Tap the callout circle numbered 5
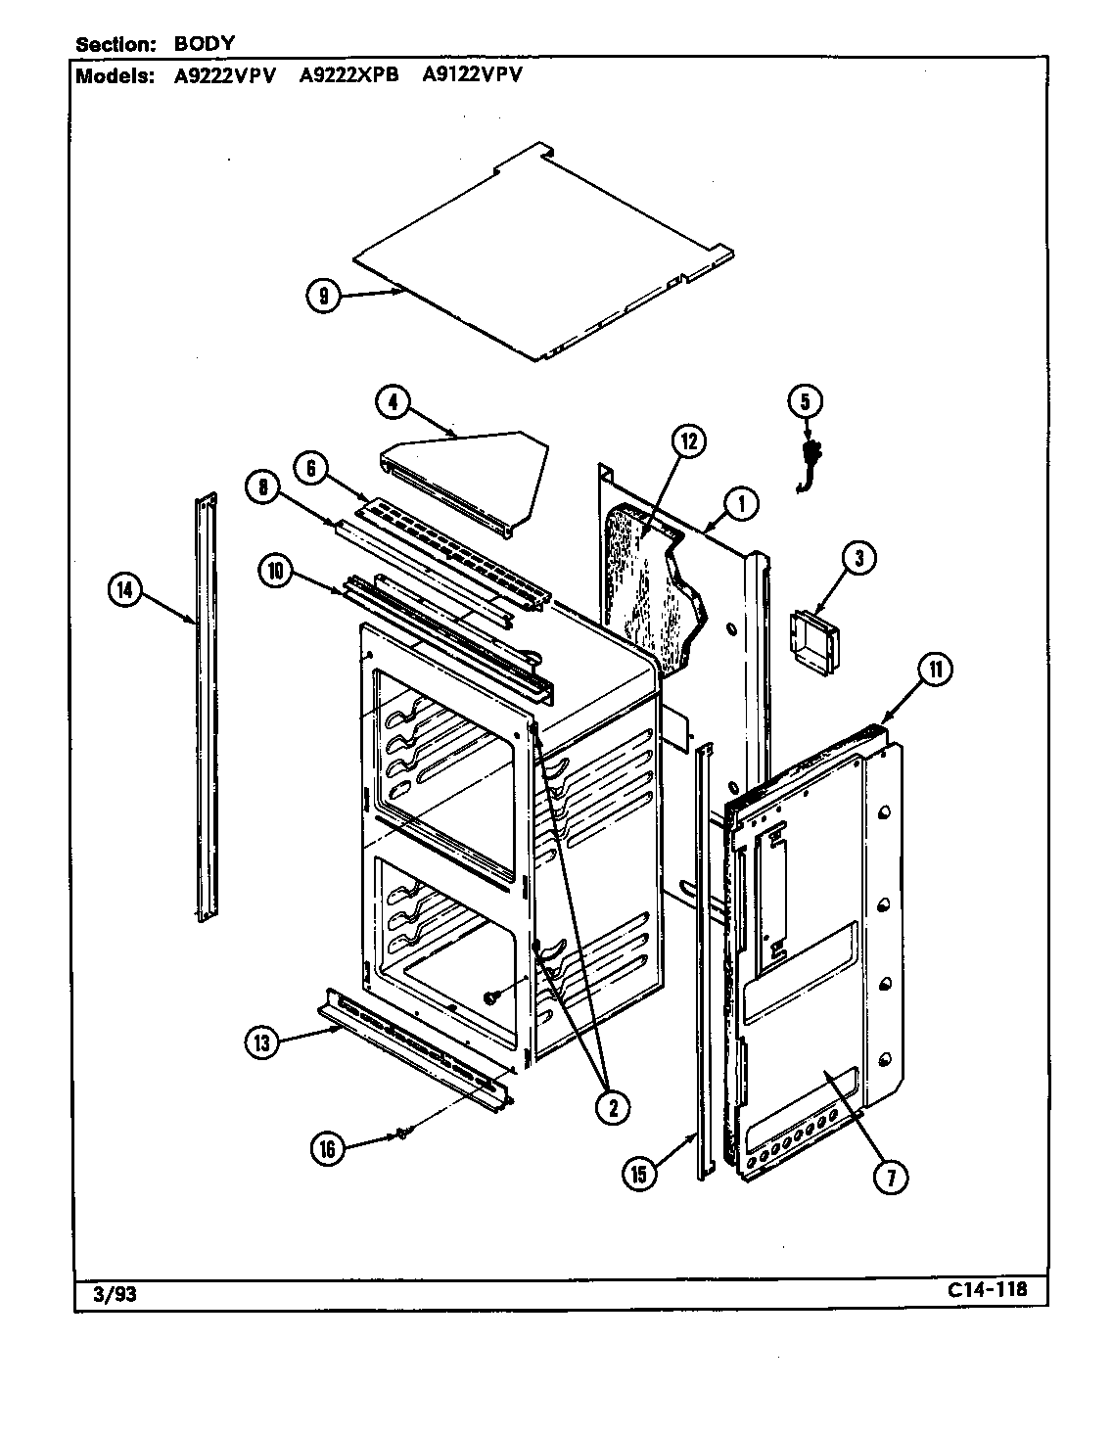click(805, 401)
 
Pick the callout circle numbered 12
click(687, 442)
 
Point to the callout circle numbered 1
click(741, 505)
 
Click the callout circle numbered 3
click(858, 560)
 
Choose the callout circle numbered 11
click(935, 671)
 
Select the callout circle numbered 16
click(327, 1149)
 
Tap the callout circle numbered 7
click(890, 1178)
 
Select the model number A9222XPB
click(347, 76)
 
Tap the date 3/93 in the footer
click(109, 1294)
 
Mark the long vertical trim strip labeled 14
click(204, 710)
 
